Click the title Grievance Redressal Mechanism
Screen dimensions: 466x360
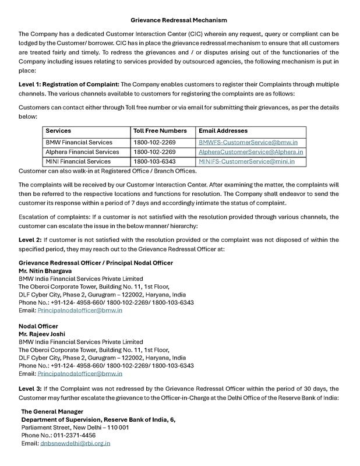coord(179,20)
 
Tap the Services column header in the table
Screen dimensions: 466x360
coord(58,131)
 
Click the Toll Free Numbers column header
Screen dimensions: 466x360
coord(160,131)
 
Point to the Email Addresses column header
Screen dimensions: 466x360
coord(223,131)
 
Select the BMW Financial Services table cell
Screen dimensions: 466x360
coord(79,142)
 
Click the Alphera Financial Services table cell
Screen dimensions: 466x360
coord(82,152)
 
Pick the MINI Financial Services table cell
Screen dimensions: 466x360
coord(78,161)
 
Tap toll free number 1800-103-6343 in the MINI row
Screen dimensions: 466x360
coord(154,161)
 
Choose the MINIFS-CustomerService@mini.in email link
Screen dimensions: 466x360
coord(246,161)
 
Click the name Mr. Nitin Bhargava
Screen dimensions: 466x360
coord(45,271)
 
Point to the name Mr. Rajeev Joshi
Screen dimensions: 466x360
coord(42,334)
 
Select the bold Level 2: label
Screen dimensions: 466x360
coord(30,240)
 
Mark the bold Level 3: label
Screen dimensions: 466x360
coord(30,389)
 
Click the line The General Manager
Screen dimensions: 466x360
coord(52,412)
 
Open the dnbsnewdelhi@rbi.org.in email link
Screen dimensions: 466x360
coord(75,443)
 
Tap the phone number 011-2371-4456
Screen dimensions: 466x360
coord(75,435)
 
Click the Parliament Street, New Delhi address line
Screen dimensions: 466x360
coord(75,428)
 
